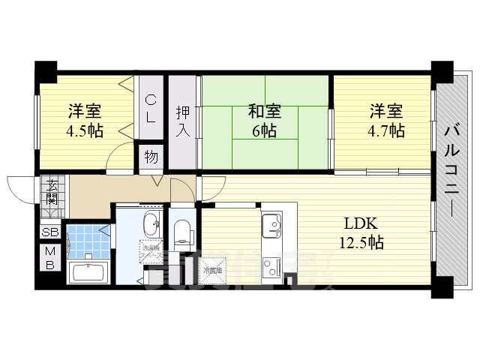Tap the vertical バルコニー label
tap(451, 169)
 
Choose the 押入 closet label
tap(182, 122)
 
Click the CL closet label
tap(150, 108)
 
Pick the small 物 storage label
tap(150, 157)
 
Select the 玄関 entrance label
tap(51, 192)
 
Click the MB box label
tap(50, 258)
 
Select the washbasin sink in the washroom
tap(150, 223)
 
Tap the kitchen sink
tap(271, 223)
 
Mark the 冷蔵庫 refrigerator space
tap(212, 270)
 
